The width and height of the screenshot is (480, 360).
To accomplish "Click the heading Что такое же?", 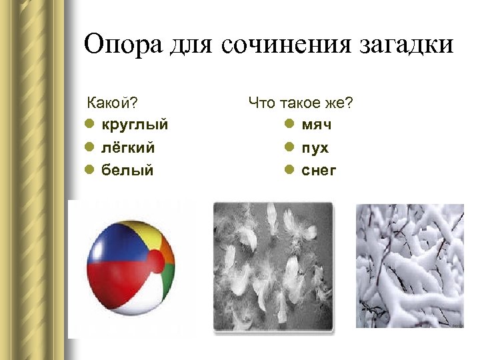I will click(x=300, y=103).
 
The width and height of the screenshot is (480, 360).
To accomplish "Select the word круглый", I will click(x=134, y=125).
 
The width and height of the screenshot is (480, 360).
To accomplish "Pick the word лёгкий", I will click(x=127, y=147).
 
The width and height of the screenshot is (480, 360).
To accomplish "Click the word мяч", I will click(x=317, y=125).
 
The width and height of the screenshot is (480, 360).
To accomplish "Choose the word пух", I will click(x=315, y=148).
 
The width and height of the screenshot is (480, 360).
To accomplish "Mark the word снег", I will click(x=319, y=171).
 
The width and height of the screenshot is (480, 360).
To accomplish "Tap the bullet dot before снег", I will click(x=289, y=170).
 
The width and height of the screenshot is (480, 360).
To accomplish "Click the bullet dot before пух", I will click(x=289, y=147).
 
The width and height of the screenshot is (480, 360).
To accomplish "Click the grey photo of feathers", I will click(x=273, y=265).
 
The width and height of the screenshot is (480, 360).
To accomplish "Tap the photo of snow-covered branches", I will click(x=409, y=265).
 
